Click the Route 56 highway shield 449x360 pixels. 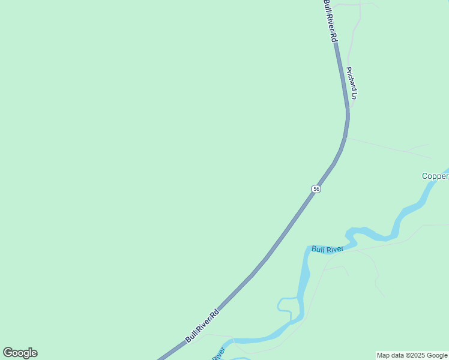[316, 189]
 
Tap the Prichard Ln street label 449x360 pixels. [351, 83]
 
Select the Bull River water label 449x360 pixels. [327, 248]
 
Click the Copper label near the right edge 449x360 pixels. [435, 176]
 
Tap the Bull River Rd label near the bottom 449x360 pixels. [202, 326]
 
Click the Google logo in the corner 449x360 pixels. [20, 353]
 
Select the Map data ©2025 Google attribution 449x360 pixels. [412, 355]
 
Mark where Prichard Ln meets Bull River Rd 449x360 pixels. [348, 107]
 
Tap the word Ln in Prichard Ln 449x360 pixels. [354, 94]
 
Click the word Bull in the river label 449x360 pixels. [318, 248]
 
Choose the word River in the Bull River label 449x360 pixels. [334, 248]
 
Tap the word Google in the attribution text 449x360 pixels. [436, 355]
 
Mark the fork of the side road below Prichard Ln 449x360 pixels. [407, 151]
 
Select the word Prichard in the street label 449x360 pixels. [350, 78]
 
